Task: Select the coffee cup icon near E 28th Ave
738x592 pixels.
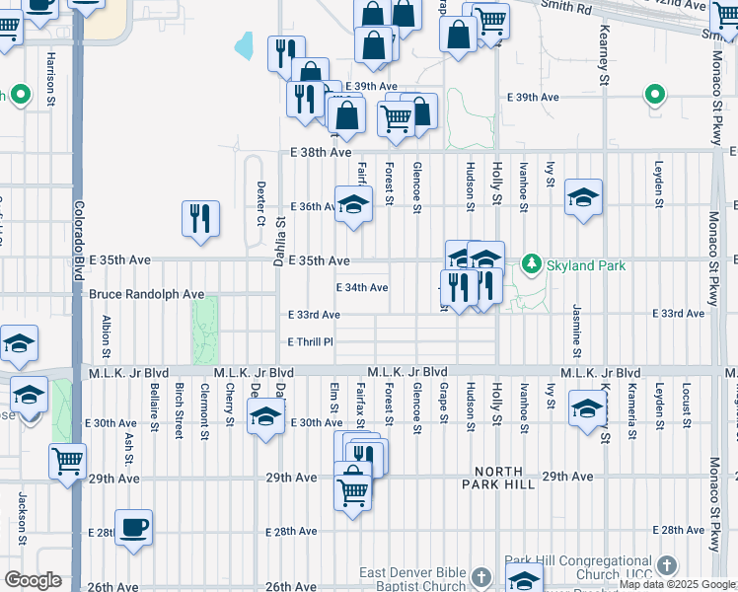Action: [133, 527]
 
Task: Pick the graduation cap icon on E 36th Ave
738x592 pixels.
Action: [353, 204]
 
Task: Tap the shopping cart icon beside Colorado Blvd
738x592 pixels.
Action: [67, 461]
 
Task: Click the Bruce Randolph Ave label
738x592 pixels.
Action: [146, 294]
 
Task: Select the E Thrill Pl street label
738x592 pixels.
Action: [311, 341]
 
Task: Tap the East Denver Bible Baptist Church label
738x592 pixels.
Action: [412, 579]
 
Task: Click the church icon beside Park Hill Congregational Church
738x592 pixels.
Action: [669, 565]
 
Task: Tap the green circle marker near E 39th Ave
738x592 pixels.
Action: [653, 96]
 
